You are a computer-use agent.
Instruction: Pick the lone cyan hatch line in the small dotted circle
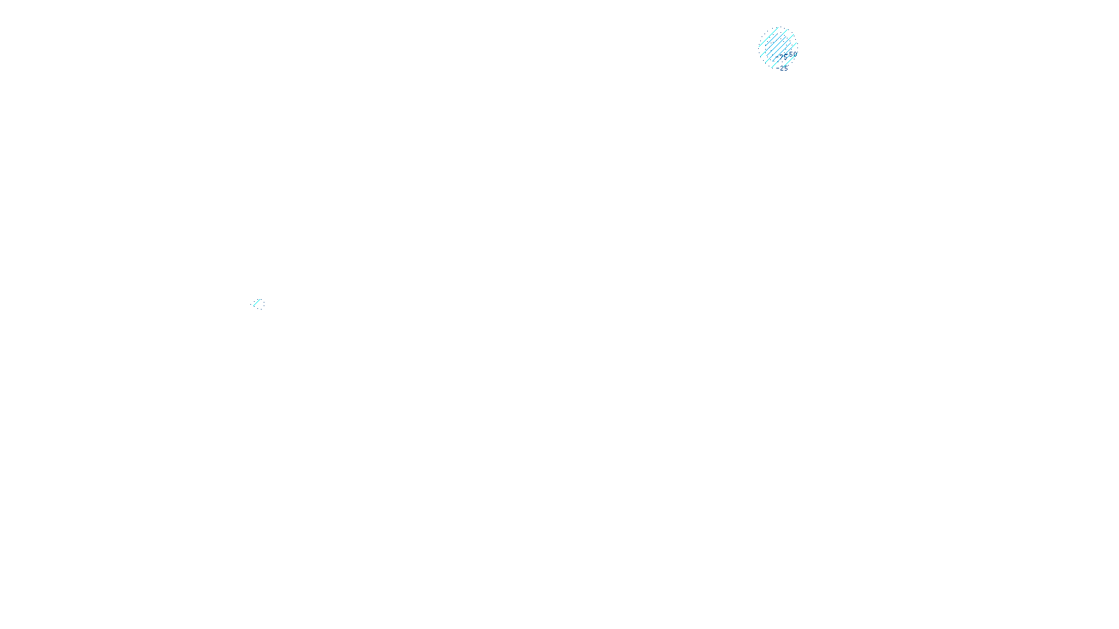[257, 302]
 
